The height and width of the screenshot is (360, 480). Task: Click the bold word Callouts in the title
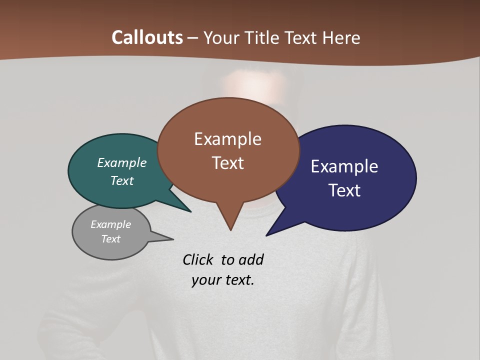pyautogui.click(x=147, y=37)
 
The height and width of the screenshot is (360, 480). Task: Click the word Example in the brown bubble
pyautogui.click(x=227, y=139)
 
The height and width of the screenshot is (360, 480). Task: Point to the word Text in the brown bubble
pyautogui.click(x=227, y=163)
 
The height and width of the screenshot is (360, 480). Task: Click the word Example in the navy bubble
pyautogui.click(x=344, y=166)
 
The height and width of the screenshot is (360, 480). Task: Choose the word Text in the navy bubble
pyautogui.click(x=344, y=190)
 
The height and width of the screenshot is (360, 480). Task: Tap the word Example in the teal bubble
pyautogui.click(x=122, y=163)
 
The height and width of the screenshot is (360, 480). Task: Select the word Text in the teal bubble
pyautogui.click(x=122, y=181)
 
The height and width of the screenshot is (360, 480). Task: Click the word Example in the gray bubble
pyautogui.click(x=110, y=224)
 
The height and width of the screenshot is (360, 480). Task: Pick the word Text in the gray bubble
pyautogui.click(x=110, y=239)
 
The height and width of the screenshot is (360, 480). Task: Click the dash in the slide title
pyautogui.click(x=193, y=38)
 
